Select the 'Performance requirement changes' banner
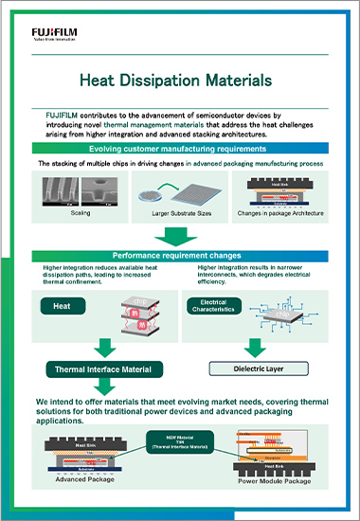(x=180, y=256)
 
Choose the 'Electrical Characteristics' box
(x=212, y=303)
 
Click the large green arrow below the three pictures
(x=180, y=234)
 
